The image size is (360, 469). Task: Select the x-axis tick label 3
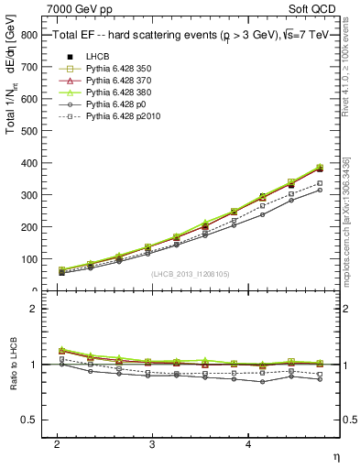152,443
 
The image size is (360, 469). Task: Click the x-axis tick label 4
248,443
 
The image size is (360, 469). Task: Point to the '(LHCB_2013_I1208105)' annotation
191,274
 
